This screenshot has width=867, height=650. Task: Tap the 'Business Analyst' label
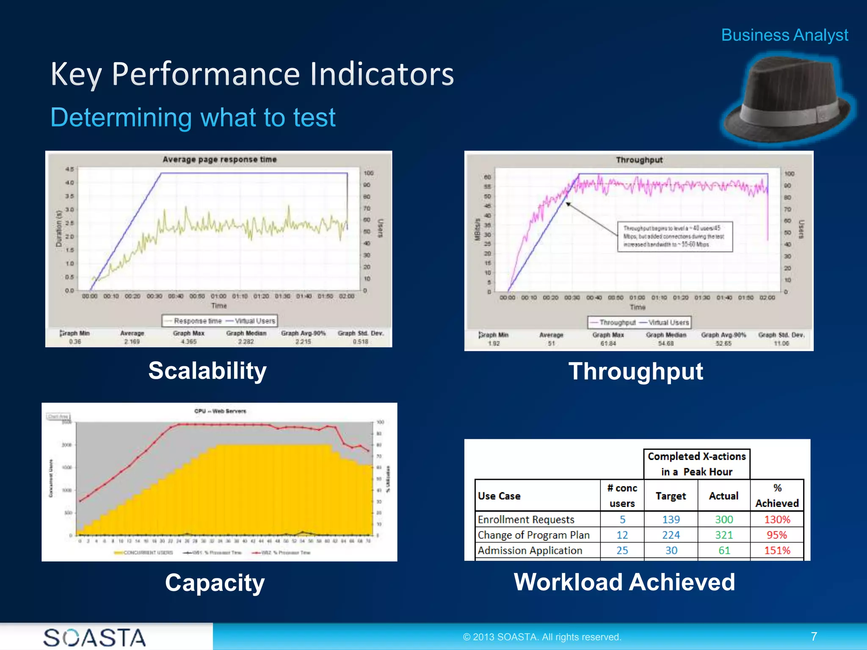[x=784, y=35]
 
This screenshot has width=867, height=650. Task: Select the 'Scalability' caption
[x=207, y=371]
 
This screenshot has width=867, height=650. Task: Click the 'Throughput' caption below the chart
[x=635, y=372]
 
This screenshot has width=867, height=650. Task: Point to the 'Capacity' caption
[x=215, y=583]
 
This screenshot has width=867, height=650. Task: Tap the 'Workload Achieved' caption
[x=624, y=582]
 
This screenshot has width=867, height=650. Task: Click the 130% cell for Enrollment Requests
[x=777, y=519]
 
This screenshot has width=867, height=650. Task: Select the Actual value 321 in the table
[x=723, y=535]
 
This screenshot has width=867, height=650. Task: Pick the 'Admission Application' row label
[x=530, y=551]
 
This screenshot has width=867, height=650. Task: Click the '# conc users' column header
[x=622, y=496]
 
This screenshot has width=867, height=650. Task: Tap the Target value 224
[x=671, y=535]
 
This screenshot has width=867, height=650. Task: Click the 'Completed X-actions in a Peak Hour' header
[x=696, y=464]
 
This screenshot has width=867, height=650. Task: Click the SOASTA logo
[x=95, y=637]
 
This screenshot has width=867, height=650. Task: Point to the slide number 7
[x=814, y=636]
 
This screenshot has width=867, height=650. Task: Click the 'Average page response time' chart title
[x=219, y=160]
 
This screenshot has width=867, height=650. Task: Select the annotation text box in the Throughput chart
[x=674, y=237]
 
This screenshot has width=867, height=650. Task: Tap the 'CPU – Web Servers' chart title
[x=220, y=411]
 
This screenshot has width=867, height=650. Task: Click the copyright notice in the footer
[x=542, y=637]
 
